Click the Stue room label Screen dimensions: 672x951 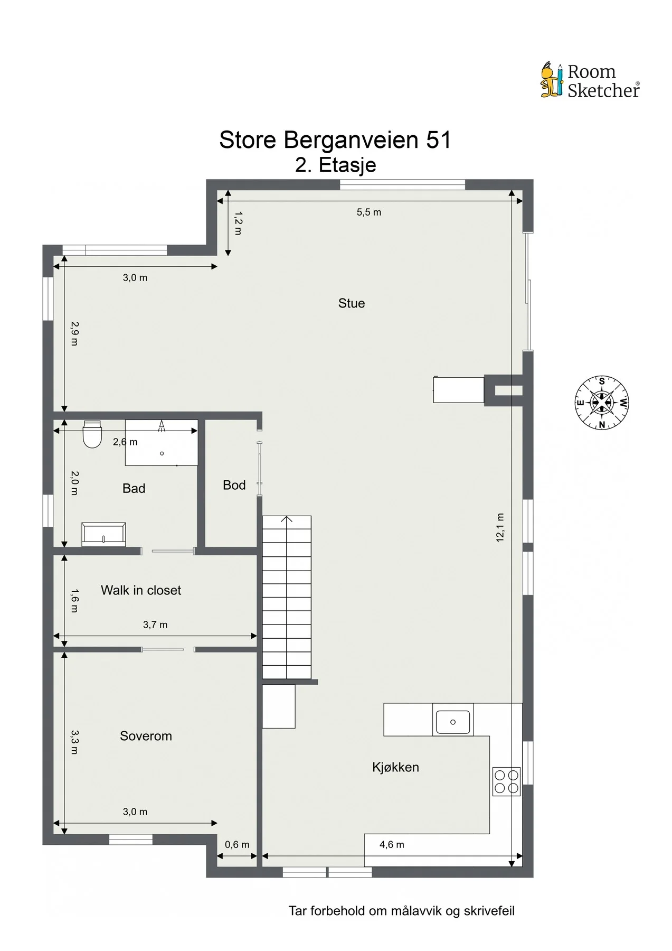pyautogui.click(x=352, y=303)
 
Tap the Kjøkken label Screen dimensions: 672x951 pyautogui.click(x=395, y=767)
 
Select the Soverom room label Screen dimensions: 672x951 pyautogui.click(x=146, y=736)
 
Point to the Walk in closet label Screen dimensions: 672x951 pyautogui.click(x=141, y=590)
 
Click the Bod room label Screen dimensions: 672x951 pyautogui.click(x=234, y=485)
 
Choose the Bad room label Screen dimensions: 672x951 pyautogui.click(x=134, y=488)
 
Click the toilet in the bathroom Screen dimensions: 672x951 pyautogui.click(x=92, y=434)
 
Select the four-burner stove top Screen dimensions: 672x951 pyautogui.click(x=507, y=782)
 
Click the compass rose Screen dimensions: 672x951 pyautogui.click(x=602, y=403)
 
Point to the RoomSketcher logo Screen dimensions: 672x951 pyautogui.click(x=590, y=80)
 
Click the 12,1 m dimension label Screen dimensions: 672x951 pyautogui.click(x=500, y=527)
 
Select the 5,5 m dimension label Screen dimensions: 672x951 pyautogui.click(x=369, y=212)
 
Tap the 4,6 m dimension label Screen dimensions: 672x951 pyautogui.click(x=392, y=845)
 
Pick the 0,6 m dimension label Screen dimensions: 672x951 pyautogui.click(x=237, y=845)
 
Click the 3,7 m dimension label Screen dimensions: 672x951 pyautogui.click(x=155, y=625)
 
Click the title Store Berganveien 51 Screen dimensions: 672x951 pyautogui.click(x=335, y=140)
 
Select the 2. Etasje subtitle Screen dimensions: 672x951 pyautogui.click(x=336, y=165)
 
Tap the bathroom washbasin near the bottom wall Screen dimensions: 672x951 pyautogui.click(x=103, y=535)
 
